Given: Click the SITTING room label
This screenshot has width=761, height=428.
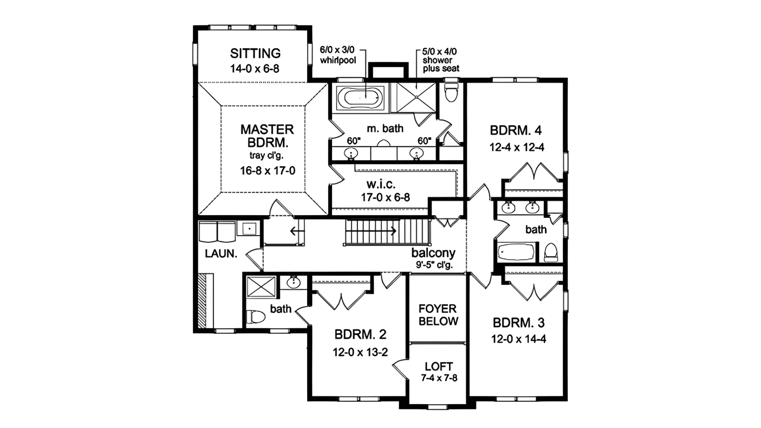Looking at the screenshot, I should point(255,53).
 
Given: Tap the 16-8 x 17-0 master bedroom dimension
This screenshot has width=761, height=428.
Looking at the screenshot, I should point(268,171).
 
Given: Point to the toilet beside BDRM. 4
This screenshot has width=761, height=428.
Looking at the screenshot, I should point(451,92).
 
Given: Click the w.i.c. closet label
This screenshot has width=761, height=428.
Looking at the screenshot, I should point(380,184).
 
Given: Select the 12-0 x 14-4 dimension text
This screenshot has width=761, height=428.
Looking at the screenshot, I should point(518,339).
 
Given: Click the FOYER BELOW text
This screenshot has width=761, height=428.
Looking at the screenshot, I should point(438,315).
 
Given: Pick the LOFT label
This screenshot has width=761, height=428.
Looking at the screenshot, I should point(438,367).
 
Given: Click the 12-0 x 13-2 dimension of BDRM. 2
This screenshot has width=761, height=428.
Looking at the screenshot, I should point(360,352).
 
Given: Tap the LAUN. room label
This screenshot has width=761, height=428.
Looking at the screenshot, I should point(221,254).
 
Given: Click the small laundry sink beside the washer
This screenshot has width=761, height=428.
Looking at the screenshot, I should point(249,229).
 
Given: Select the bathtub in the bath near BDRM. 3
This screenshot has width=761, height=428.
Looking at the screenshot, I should point(516,252).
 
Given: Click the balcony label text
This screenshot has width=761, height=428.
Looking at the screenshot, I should point(433,253).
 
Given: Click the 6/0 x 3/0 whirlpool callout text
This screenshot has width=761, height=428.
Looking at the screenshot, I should point(338,55).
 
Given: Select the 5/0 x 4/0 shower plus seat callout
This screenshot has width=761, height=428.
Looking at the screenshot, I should point(440,60).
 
